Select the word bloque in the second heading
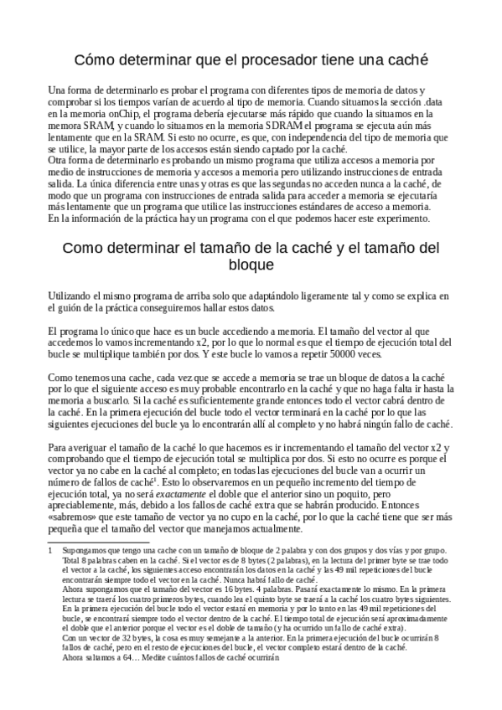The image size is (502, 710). [x=251, y=265]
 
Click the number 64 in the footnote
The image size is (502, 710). [x=132, y=657]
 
